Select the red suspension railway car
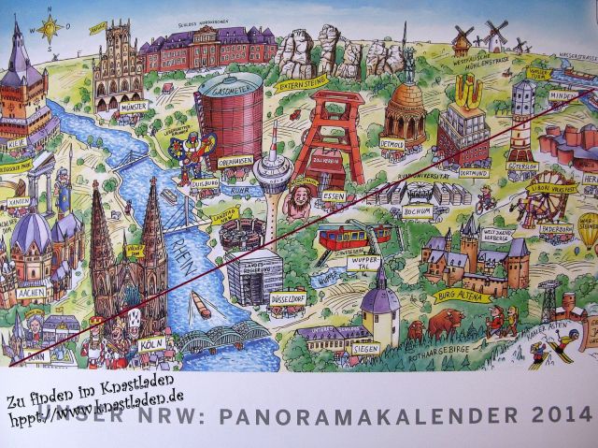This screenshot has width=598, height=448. pos(343,234)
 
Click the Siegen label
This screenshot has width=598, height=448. pos(369,347)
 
